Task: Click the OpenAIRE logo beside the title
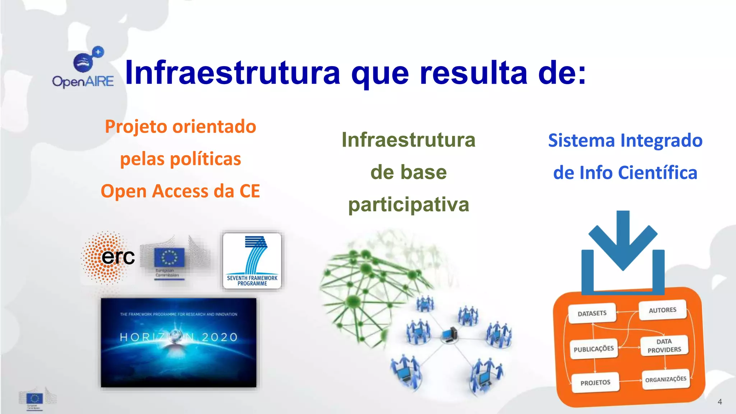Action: click(83, 68)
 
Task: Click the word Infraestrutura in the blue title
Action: click(232, 73)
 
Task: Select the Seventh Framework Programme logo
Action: click(252, 261)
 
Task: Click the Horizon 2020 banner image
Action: click(179, 342)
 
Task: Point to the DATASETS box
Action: click(592, 313)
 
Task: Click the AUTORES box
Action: click(662, 310)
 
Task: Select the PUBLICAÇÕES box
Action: click(594, 349)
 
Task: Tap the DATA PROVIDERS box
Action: click(664, 346)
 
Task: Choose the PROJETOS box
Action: click(595, 383)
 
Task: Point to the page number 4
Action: click(719, 402)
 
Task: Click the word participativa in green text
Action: click(409, 205)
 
